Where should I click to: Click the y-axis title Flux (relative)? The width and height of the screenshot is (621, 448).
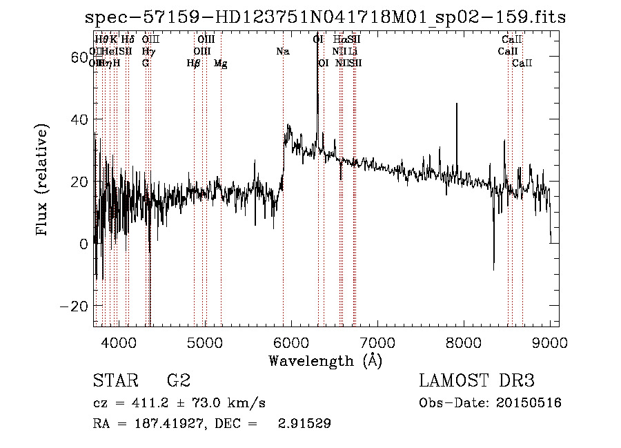point(43,181)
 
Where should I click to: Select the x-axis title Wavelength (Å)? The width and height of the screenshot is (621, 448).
point(325,360)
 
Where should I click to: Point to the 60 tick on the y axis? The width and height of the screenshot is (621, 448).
point(81,57)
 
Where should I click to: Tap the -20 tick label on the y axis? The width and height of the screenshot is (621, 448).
point(77,306)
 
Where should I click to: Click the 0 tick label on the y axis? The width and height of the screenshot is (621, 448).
point(84,244)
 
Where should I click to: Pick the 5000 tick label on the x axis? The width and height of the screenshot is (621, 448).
point(205,342)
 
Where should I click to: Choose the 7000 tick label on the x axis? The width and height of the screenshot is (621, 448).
point(377,342)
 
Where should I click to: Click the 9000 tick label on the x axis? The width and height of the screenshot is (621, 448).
point(550,342)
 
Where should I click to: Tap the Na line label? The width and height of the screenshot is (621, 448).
point(283,52)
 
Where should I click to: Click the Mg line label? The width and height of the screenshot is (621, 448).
point(221,64)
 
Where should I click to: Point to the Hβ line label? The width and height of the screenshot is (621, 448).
point(193,64)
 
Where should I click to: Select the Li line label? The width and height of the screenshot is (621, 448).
point(353,52)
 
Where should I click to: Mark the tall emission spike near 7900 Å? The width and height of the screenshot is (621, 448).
point(456,105)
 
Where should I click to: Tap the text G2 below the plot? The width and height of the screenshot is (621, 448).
point(178,381)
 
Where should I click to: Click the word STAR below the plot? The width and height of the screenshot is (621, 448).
point(113,381)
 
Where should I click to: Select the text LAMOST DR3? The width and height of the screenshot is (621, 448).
point(477,381)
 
